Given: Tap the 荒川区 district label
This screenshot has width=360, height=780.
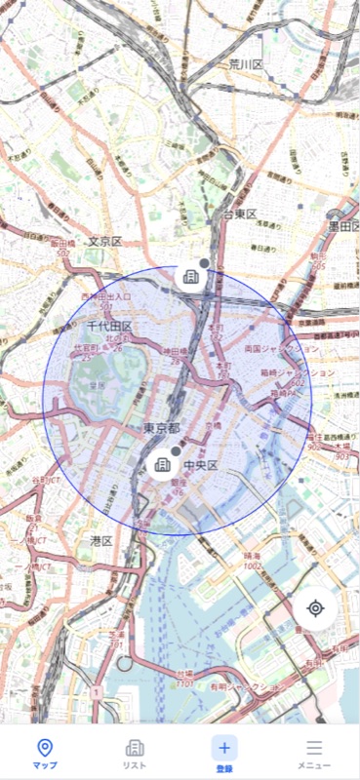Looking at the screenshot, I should (x=246, y=64).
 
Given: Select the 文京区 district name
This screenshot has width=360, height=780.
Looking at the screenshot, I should (x=104, y=241).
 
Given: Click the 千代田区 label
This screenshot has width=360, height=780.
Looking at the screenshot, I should (x=108, y=326).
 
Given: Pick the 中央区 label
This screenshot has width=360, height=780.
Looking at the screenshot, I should (x=200, y=465).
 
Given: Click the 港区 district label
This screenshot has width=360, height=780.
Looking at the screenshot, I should (x=100, y=539).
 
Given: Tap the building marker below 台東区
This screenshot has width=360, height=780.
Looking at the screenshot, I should (x=190, y=278).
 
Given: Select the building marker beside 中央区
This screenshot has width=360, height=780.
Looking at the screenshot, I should (x=162, y=465).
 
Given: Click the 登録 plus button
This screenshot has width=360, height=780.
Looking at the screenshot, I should (x=224, y=748).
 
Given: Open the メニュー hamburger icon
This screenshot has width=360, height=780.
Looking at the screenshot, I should (x=314, y=748).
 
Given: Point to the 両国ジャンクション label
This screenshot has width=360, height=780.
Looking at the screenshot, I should (x=282, y=347).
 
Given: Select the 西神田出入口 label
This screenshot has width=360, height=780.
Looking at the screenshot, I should (x=106, y=295).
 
